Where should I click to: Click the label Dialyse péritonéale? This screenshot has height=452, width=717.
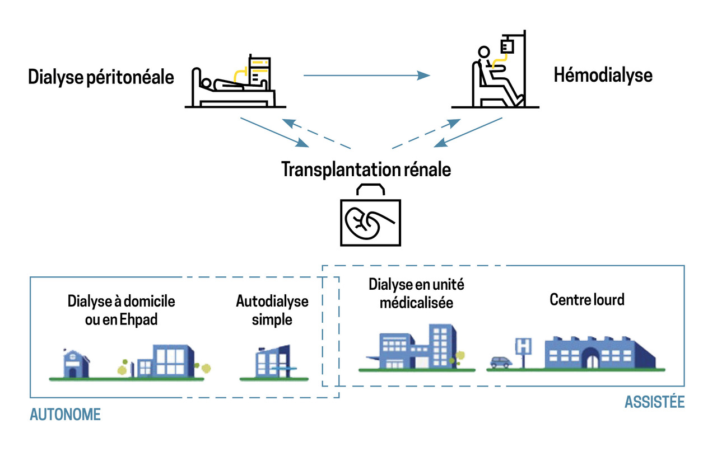click(101, 77)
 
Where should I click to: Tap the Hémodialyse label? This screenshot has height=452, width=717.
click(603, 74)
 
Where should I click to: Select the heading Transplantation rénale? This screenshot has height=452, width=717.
click(366, 168)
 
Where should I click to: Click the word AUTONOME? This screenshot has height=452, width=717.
click(65, 415)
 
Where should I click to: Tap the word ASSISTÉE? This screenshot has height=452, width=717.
click(654, 402)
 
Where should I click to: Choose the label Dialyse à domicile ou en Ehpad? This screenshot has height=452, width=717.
click(122, 310)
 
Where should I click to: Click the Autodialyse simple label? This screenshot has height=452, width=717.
click(272, 310)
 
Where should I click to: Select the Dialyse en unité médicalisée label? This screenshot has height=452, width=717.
click(416, 293)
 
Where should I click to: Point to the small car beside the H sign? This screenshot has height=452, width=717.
click(500, 362)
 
